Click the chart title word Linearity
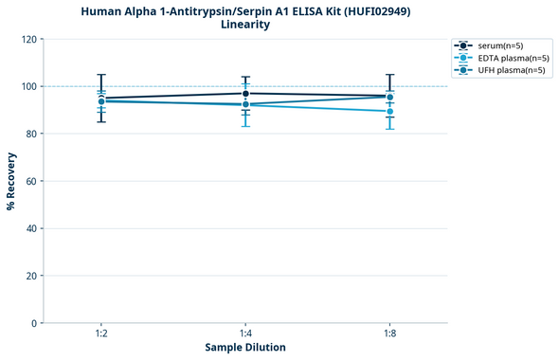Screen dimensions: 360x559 [x=244, y=25]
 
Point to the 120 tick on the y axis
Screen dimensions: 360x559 [x=27, y=40]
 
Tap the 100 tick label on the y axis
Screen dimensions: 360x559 [x=27, y=87]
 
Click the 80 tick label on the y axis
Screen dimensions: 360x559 [x=30, y=135]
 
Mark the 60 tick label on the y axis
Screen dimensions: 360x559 [x=30, y=181]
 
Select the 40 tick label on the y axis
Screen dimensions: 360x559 [x=30, y=228]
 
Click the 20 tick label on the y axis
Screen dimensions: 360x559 [x=30, y=276]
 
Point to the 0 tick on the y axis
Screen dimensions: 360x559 [x=33, y=323]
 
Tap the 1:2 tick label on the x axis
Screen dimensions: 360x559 [x=100, y=333]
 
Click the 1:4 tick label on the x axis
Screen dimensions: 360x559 [x=245, y=333]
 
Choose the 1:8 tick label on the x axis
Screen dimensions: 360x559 [x=389, y=333]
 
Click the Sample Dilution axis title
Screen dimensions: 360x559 [x=245, y=348]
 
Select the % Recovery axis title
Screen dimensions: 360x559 [x=11, y=181]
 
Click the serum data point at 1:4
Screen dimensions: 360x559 [x=245, y=93]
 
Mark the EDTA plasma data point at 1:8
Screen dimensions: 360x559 [x=389, y=112]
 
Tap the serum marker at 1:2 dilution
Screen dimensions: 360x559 [x=100, y=98]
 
